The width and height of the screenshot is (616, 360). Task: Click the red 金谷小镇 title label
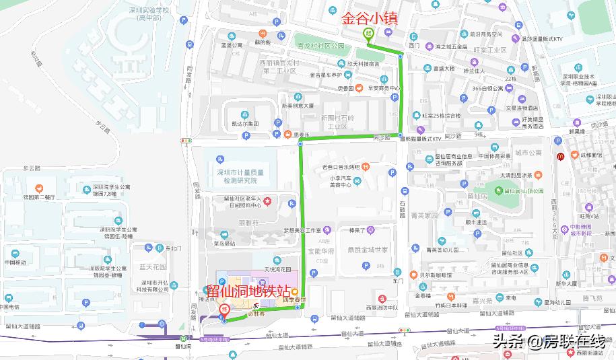pos(370,19)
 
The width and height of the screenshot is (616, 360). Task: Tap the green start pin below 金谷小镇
pos(368,34)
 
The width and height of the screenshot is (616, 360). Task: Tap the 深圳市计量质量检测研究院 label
pos(240,176)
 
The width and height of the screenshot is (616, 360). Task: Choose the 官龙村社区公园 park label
pos(320,46)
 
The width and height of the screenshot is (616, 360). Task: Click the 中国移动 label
pos(15,262)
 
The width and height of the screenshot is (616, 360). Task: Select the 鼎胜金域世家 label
pos(367,250)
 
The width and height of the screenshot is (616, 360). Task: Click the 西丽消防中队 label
pos(382,308)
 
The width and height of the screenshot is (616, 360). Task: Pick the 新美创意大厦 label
pos(298,106)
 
